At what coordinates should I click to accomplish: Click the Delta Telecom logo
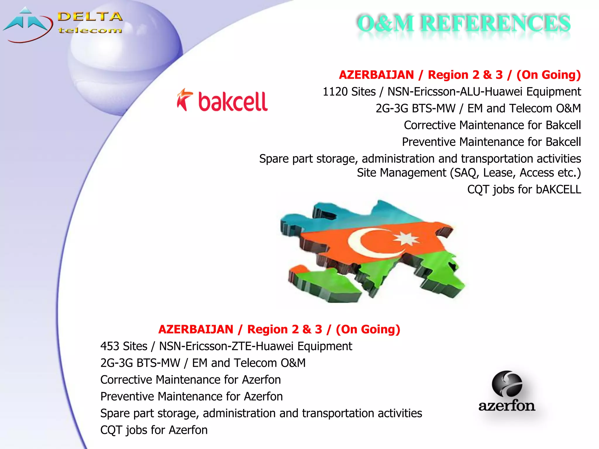(63, 25)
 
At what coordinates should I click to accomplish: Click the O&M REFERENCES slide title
(464, 23)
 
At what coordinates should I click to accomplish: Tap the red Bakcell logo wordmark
(233, 102)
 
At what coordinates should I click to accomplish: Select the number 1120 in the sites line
(335, 92)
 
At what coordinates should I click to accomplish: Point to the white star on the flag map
(406, 238)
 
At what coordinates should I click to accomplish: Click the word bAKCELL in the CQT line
(558, 189)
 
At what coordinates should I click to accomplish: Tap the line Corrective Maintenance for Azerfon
(190, 380)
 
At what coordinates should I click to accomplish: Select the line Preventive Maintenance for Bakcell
(491, 142)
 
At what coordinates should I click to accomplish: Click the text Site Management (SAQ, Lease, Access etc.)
(469, 173)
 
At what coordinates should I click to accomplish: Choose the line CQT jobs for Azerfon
(154, 430)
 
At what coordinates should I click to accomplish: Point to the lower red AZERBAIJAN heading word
(196, 329)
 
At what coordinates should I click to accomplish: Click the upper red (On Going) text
(548, 75)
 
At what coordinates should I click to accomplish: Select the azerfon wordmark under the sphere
(507, 406)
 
